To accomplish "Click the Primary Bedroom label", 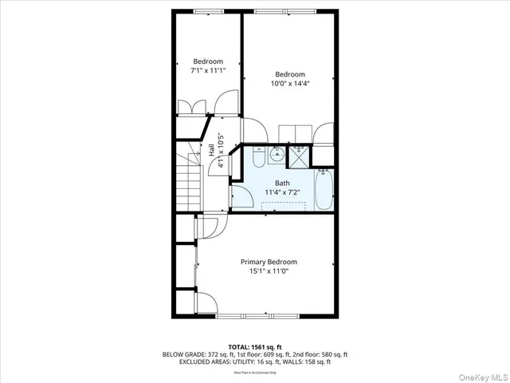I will coord(269,262).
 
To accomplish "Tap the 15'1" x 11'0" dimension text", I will coord(269,271).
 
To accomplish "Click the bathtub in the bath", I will coord(324,189).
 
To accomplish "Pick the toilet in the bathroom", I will coord(259,155).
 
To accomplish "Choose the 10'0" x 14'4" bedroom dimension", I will coord(290,84).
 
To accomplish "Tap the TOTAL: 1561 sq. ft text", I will coord(255,346).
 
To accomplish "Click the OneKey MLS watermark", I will coord(483,373).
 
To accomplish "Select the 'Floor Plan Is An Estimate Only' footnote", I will coord(255,372).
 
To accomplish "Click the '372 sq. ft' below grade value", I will coord(214,353).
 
